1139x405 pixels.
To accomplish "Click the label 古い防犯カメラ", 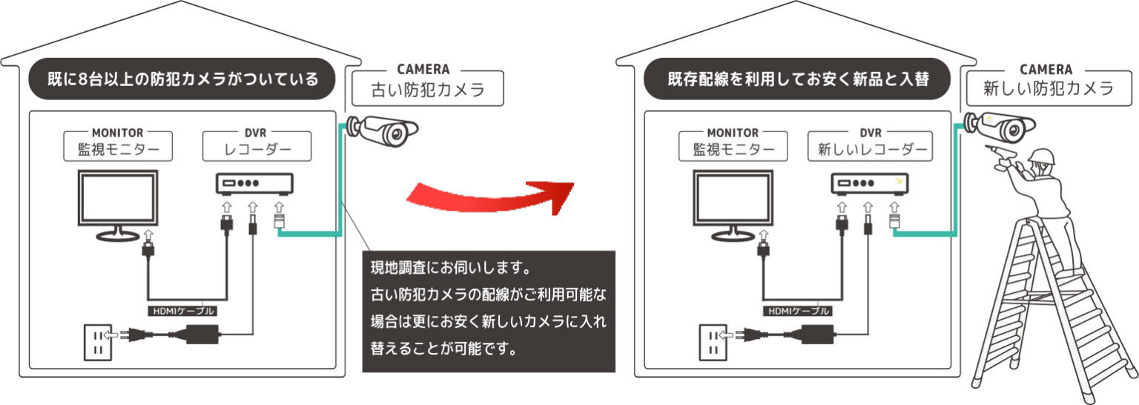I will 428,90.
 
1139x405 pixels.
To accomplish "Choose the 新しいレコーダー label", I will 872,149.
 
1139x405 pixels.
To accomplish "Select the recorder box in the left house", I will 254,183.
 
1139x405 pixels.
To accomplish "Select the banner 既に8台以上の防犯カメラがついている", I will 181,79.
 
